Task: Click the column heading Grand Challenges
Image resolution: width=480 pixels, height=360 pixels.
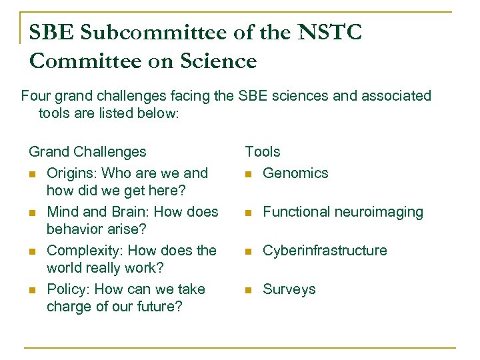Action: click(87, 152)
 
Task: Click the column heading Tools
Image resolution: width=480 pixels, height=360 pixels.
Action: click(263, 152)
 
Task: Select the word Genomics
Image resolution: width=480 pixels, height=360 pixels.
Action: click(295, 173)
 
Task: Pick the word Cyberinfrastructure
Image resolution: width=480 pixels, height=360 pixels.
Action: click(325, 251)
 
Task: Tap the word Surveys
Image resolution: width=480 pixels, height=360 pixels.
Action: click(289, 289)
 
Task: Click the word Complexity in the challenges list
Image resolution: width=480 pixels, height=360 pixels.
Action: click(83, 251)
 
